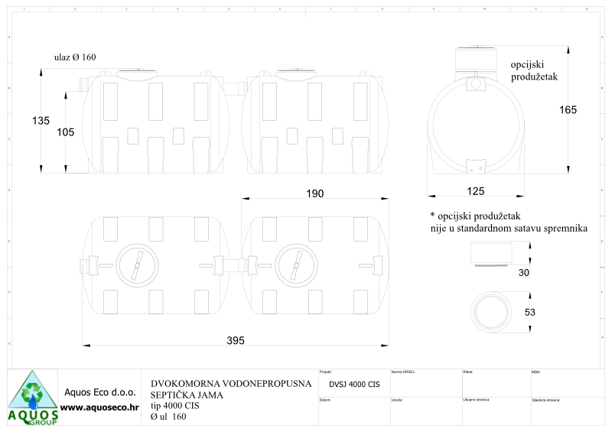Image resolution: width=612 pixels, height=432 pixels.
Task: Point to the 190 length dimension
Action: [314, 194]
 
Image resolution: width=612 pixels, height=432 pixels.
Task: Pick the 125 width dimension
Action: [475, 190]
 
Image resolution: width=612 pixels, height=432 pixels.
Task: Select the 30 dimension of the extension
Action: [522, 272]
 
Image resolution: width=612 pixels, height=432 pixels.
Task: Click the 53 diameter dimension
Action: [529, 313]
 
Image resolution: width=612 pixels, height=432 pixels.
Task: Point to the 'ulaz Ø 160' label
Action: [75, 57]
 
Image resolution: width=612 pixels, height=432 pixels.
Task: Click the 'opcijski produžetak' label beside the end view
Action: [535, 71]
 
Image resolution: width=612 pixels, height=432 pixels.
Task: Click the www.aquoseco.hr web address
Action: [99, 408]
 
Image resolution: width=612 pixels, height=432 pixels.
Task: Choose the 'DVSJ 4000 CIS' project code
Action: [354, 385]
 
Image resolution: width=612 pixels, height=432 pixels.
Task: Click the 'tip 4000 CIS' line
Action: [175, 406]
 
